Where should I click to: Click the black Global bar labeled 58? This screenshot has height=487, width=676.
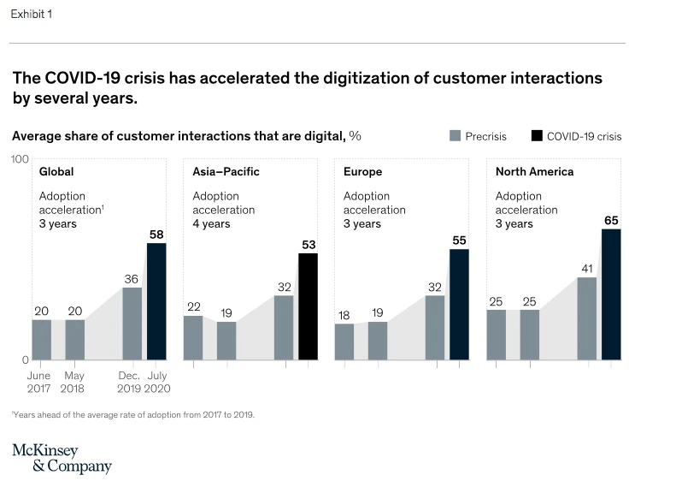(x=156, y=301)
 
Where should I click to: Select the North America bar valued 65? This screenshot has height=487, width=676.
(x=611, y=294)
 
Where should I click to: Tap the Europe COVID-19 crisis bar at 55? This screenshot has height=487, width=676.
(x=459, y=304)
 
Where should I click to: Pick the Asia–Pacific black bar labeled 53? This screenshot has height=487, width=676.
(x=308, y=306)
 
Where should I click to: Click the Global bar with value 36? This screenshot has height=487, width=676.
(x=132, y=324)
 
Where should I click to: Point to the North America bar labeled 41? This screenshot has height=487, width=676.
(x=587, y=318)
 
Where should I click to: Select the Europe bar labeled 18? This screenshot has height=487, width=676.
(x=344, y=341)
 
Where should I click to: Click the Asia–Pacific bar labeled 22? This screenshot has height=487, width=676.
(x=193, y=337)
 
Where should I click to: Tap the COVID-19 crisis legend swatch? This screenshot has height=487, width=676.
(x=537, y=136)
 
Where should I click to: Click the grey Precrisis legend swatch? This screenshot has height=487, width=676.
(x=456, y=136)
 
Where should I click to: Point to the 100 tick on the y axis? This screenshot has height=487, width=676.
(x=20, y=159)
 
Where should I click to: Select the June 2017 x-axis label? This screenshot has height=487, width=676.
(x=39, y=382)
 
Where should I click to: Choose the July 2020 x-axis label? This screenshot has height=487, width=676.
(x=158, y=382)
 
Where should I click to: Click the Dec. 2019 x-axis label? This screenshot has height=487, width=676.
(x=130, y=382)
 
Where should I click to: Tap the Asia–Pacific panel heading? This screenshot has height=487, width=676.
(x=226, y=172)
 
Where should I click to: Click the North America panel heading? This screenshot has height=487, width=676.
(x=534, y=172)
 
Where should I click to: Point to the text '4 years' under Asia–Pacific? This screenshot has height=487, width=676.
(x=211, y=224)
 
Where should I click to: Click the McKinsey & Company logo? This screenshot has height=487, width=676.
(x=62, y=459)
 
